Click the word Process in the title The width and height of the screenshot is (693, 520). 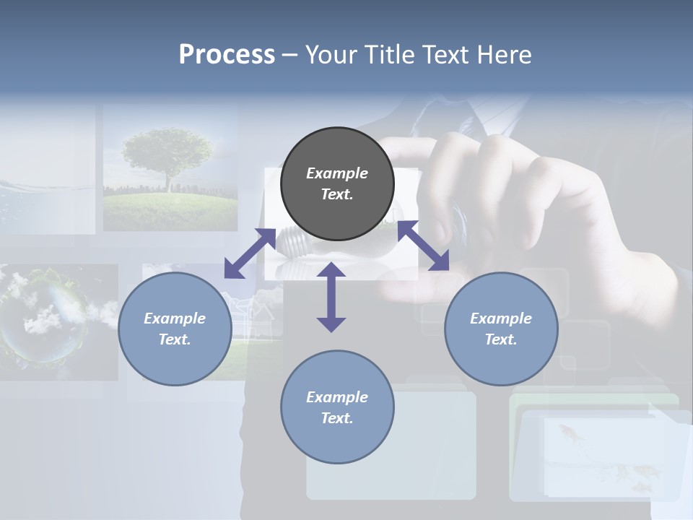[227, 55]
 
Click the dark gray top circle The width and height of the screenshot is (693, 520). [337, 184]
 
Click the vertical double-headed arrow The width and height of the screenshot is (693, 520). [331, 297]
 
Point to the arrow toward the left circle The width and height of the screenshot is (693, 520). [250, 253]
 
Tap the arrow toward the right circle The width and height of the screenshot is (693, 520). [424, 246]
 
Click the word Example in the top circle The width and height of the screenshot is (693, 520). [337, 173]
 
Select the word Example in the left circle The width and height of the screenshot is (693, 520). [175, 318]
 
